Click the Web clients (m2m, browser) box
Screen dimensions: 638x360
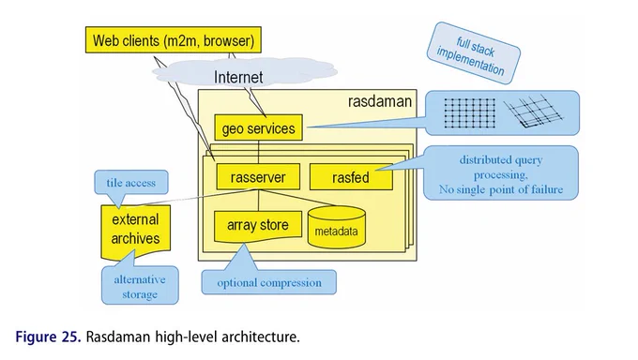click(174, 40)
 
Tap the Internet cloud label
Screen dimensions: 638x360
click(238, 77)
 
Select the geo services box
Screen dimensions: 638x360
click(258, 127)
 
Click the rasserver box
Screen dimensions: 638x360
click(258, 177)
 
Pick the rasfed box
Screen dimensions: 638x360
click(351, 177)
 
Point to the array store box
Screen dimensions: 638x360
click(258, 225)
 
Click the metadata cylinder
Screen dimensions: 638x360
click(337, 227)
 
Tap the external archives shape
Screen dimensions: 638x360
click(135, 231)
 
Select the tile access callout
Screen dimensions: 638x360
click(131, 183)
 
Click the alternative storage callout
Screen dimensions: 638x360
click(140, 286)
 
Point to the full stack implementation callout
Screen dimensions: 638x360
click(473, 53)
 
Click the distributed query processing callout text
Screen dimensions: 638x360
click(501, 174)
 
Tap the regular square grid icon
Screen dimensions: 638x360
click(469, 113)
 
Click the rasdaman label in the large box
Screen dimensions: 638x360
click(380, 101)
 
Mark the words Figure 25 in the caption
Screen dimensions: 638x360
click(49, 337)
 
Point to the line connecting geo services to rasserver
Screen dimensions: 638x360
click(258, 152)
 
